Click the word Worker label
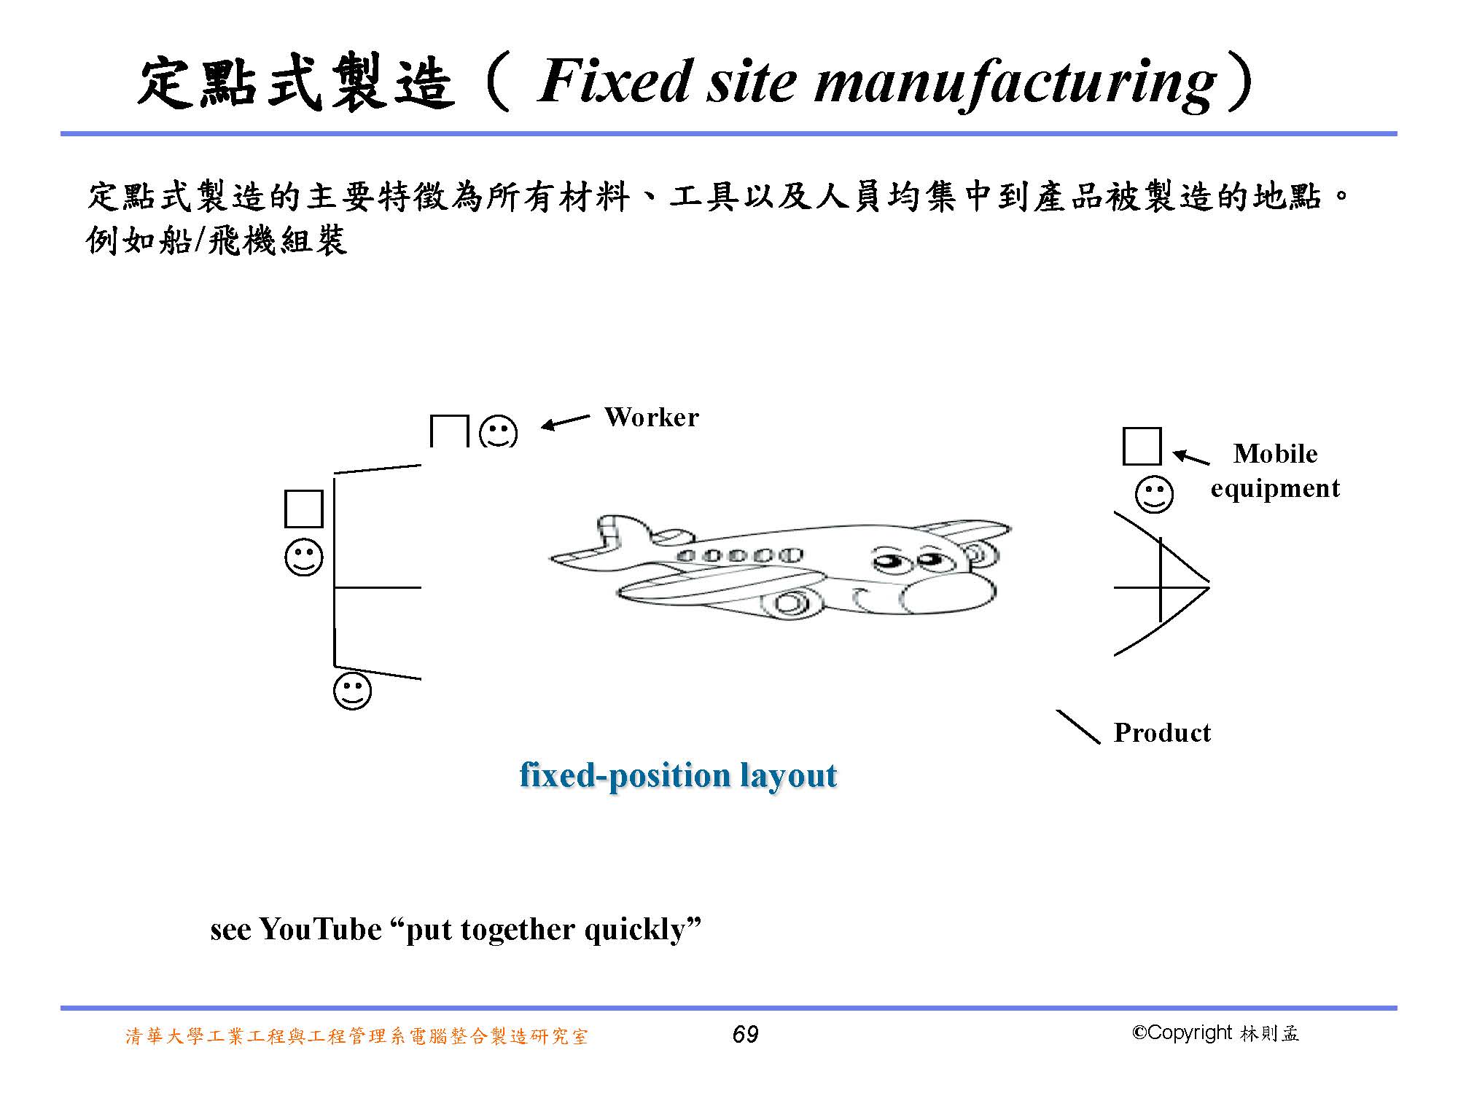[651, 418]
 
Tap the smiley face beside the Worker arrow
[498, 431]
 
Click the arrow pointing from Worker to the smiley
[565, 422]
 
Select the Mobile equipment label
[1275, 471]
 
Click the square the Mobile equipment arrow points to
[1142, 446]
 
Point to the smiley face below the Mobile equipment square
[1154, 495]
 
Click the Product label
[1162, 732]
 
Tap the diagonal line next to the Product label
[1077, 726]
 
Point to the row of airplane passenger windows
[740, 556]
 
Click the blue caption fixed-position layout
[678, 775]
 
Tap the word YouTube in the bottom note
[320, 930]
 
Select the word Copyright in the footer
[1188, 1033]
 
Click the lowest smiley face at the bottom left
[352, 691]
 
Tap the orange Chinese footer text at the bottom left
[356, 1036]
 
